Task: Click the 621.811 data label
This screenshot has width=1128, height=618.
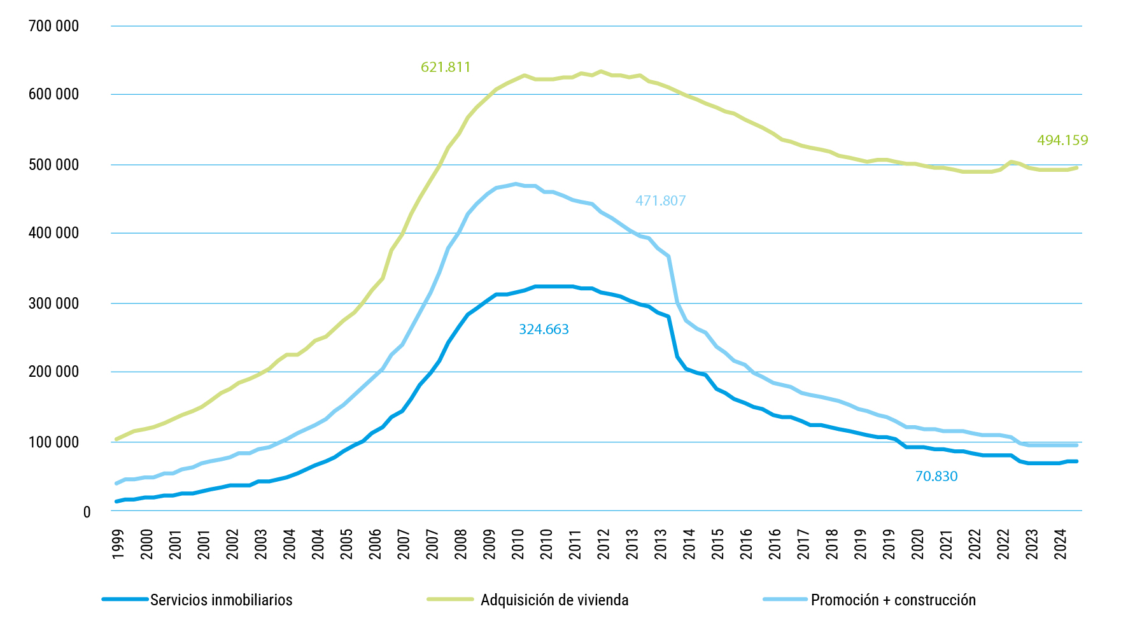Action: click(446, 67)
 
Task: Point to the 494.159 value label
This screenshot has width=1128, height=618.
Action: click(1062, 140)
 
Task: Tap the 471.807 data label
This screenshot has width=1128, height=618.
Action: click(660, 200)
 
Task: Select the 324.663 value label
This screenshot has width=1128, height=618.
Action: click(544, 329)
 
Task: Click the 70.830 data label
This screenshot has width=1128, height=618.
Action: click(936, 476)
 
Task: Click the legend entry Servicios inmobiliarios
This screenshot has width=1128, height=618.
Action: click(221, 600)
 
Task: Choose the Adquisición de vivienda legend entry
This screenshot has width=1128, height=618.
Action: click(554, 600)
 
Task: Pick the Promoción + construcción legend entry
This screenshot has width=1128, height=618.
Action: click(892, 600)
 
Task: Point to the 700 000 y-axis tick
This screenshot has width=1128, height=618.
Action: click(54, 26)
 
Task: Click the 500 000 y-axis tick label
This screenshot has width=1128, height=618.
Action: click(54, 165)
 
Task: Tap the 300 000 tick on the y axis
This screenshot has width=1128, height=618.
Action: click(54, 304)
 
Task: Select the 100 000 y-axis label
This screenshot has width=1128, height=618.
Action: click(54, 442)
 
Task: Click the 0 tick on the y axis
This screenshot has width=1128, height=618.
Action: click(87, 512)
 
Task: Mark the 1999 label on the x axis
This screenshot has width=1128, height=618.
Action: click(118, 544)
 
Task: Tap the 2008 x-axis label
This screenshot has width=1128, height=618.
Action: click(461, 544)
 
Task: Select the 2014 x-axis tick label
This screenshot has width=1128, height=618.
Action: click(689, 544)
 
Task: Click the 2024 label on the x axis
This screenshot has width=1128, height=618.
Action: click(1061, 544)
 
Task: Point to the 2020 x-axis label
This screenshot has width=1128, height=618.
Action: click(917, 544)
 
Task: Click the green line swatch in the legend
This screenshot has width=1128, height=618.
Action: click(450, 599)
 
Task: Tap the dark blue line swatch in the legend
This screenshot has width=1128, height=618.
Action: click(125, 599)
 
